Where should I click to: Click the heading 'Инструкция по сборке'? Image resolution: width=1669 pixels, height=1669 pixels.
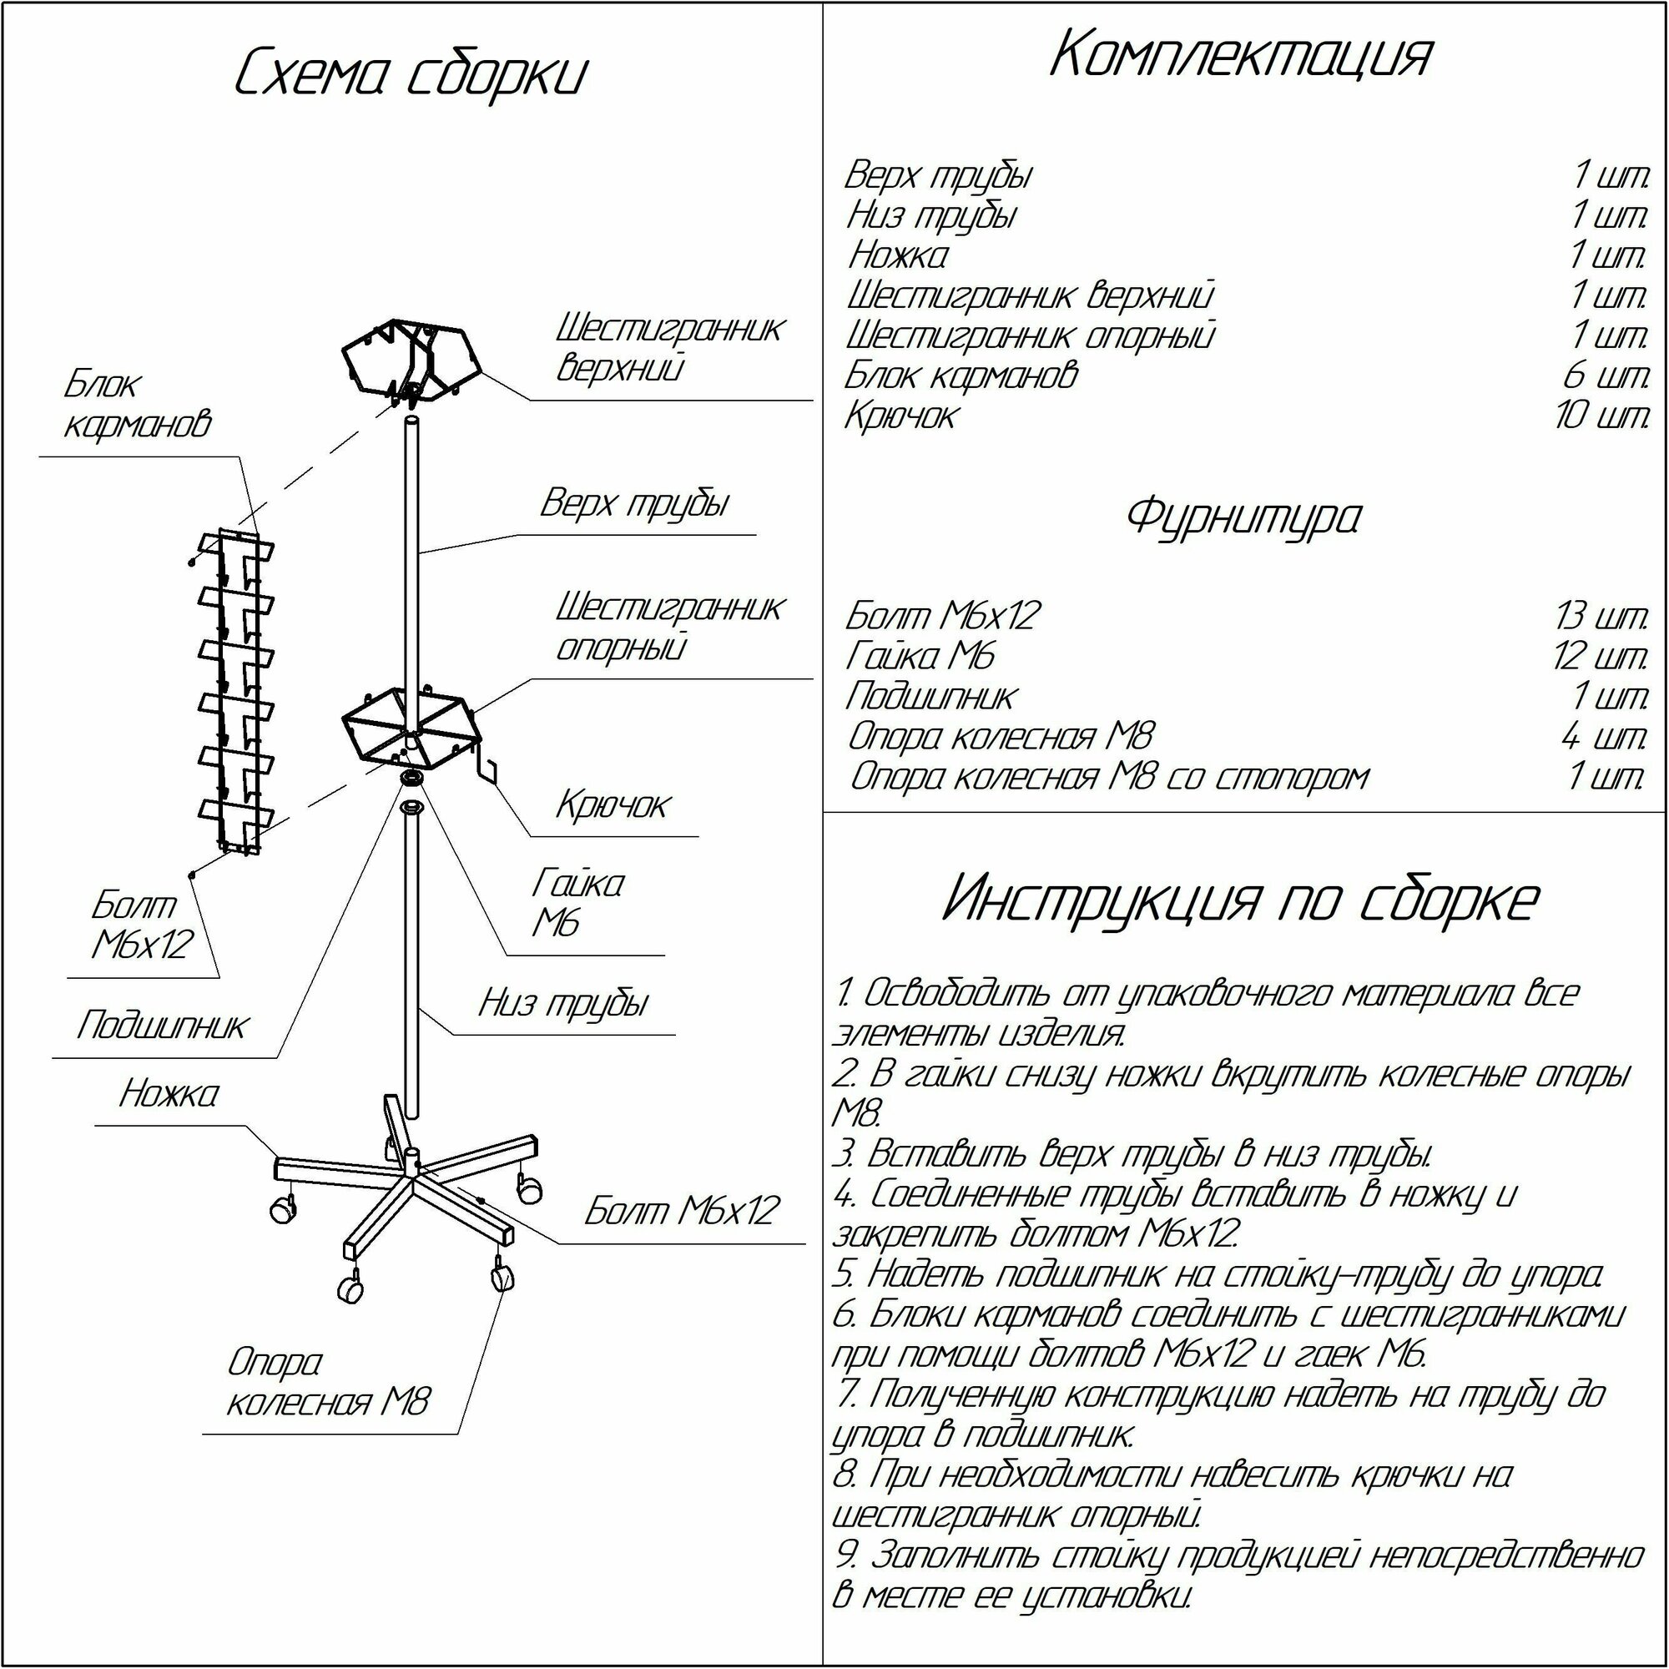1241,900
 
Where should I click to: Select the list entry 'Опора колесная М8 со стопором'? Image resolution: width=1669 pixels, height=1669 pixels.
1109,777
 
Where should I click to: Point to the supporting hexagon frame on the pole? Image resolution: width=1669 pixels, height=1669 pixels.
410,726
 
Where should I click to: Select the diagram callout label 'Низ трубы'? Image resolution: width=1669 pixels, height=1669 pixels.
563,1003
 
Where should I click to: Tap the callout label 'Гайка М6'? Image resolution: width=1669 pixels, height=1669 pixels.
577,904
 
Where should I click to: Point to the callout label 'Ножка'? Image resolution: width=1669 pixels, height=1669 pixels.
169,1094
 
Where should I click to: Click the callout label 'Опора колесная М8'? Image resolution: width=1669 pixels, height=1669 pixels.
326,1382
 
